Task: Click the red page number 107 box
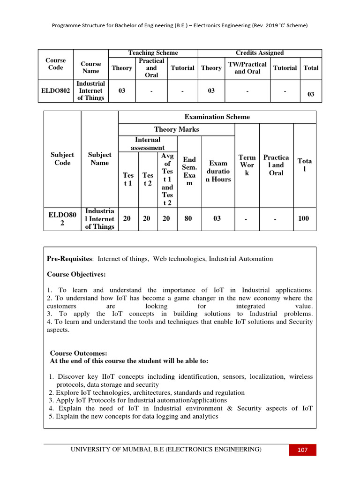[x=302, y=450]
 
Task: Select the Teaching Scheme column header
[x=153, y=53]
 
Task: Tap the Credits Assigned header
[x=259, y=53]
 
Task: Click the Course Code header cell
[x=56, y=64]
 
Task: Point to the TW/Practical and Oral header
[x=247, y=68]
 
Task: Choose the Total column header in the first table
[x=311, y=68]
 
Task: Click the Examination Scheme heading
[x=217, y=117]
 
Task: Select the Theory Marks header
[x=176, y=129]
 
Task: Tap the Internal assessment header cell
[x=148, y=143]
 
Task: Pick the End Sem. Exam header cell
[x=189, y=172]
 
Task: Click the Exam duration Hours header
[x=218, y=172]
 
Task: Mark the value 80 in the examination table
[x=189, y=218]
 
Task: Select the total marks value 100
[x=303, y=218]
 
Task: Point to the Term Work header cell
[x=247, y=165]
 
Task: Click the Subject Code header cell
[x=62, y=158]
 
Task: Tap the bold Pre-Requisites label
[x=70, y=259]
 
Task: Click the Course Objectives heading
[x=76, y=274]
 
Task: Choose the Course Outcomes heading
[x=79, y=353]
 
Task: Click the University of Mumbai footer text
[x=166, y=450]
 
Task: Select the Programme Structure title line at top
[x=180, y=26]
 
